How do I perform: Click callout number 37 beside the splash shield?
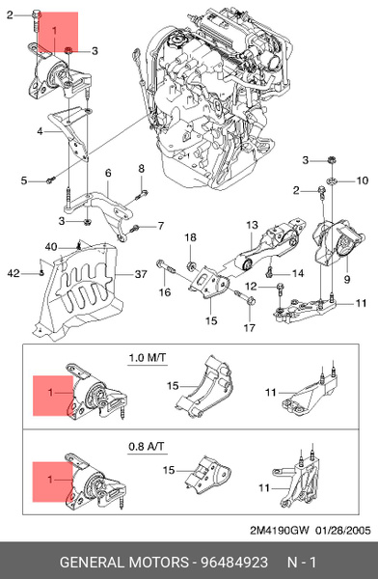(140, 275)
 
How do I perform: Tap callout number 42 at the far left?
(13, 274)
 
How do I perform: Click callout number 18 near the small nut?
(190, 237)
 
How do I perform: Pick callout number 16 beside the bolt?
(165, 291)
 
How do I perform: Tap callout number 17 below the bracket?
(249, 327)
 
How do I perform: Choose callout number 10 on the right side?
(363, 180)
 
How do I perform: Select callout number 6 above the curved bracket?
(108, 173)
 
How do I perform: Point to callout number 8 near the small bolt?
(141, 169)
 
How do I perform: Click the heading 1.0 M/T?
(148, 358)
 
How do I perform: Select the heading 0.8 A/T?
(148, 447)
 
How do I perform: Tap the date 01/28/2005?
(344, 530)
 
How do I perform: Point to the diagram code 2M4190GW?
(280, 530)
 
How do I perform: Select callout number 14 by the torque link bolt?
(297, 273)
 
